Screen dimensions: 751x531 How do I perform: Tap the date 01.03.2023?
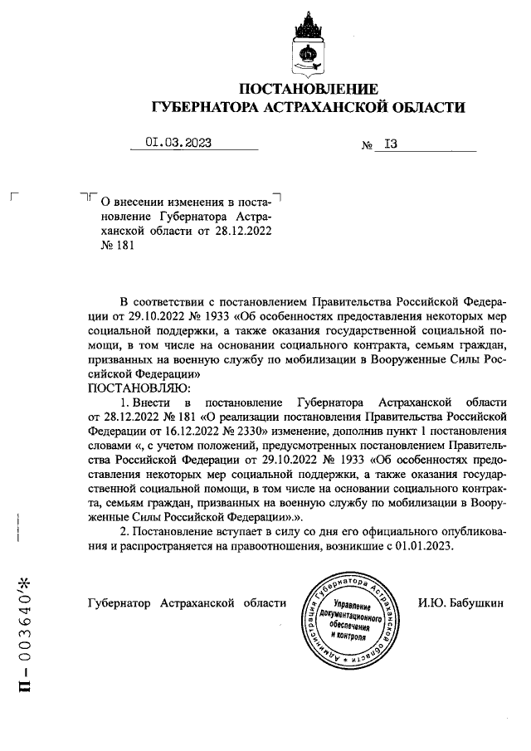[x=178, y=142]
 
